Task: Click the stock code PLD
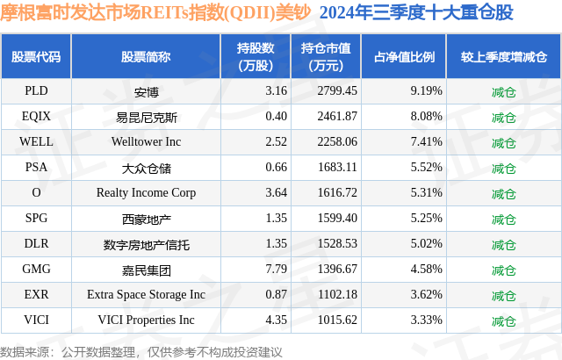tap(36, 90)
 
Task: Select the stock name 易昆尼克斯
tap(146, 116)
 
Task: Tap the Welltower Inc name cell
tap(146, 141)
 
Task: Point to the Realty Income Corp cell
tap(146, 192)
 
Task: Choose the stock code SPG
tap(36, 219)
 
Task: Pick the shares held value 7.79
tap(253, 270)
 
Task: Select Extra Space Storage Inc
tap(146, 295)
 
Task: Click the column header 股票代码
tap(36, 57)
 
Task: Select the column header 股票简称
tap(146, 57)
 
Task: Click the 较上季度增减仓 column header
tap(503, 57)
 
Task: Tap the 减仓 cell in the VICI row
tap(503, 320)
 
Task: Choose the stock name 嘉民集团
tap(146, 270)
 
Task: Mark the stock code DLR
tap(36, 244)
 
